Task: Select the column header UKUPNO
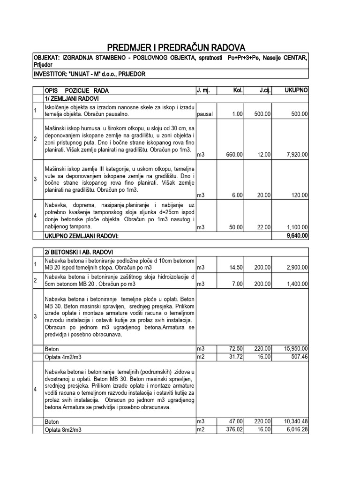coord(296,90)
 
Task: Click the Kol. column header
coord(237,90)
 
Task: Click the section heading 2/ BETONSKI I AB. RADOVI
coord(79,252)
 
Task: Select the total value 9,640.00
coord(296,236)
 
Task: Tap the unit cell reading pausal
coord(205,113)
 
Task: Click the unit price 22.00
coord(263,227)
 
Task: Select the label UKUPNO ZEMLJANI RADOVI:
coord(82,236)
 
